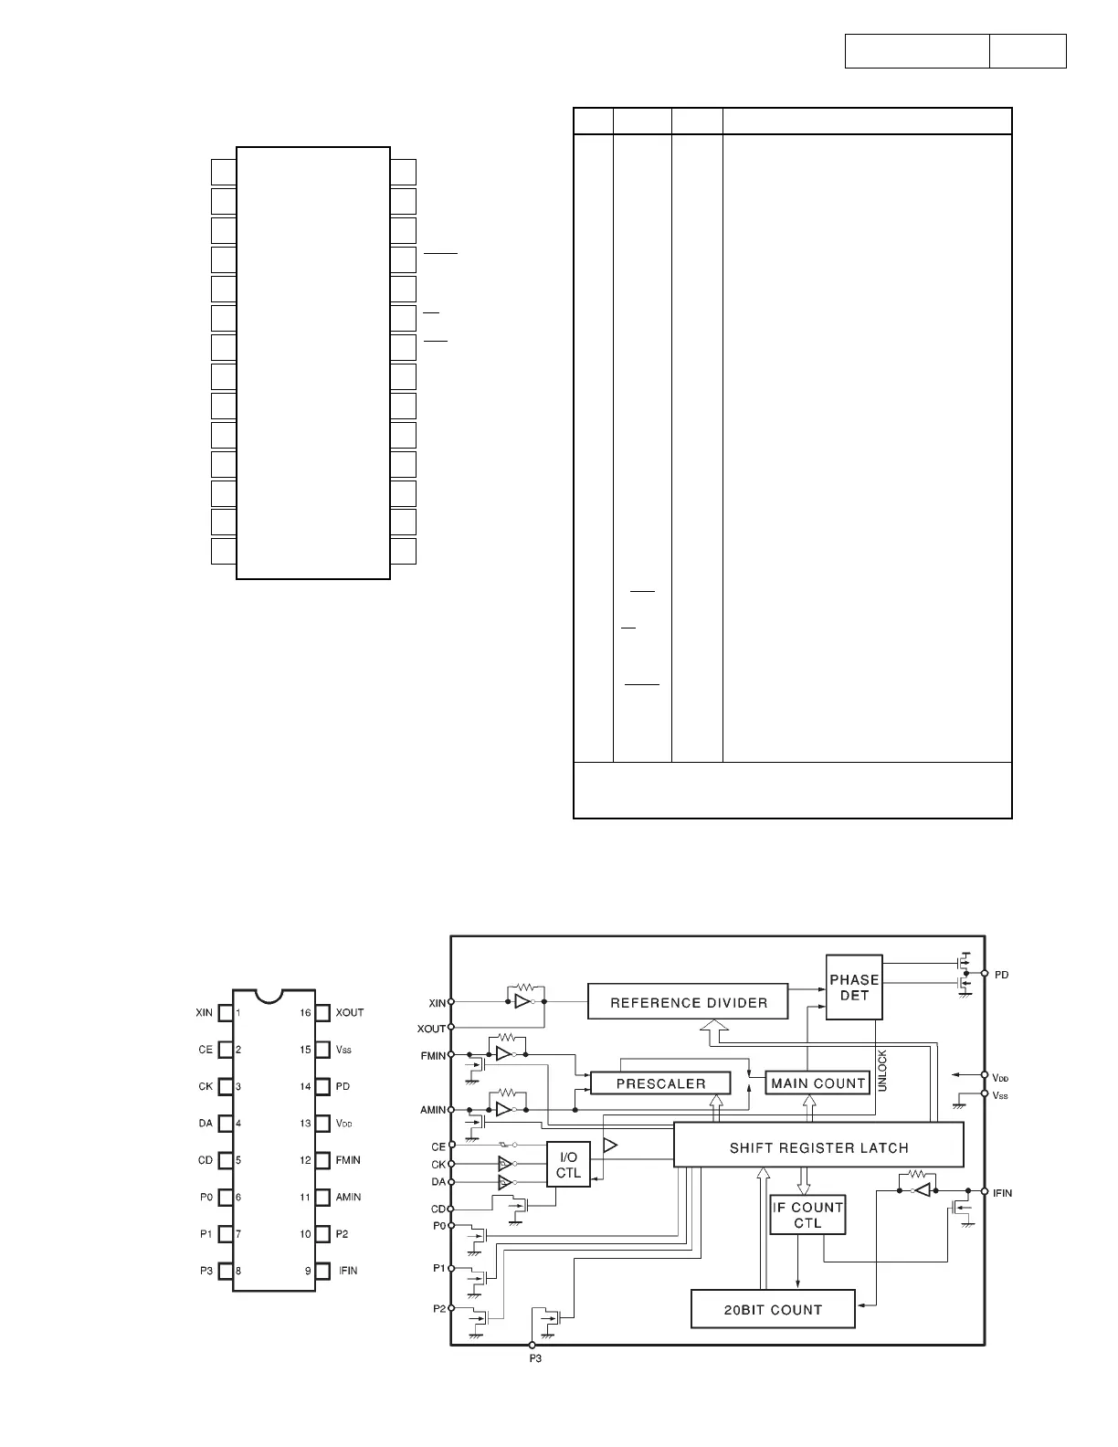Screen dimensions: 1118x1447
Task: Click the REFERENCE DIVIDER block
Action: tap(689, 1002)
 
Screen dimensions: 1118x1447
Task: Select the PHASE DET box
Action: tap(854, 987)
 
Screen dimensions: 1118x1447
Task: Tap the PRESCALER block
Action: tap(660, 1083)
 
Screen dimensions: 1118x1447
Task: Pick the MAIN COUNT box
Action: tap(817, 1083)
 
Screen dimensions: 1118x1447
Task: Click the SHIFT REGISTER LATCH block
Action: tap(818, 1147)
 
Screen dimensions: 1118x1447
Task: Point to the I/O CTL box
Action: tap(568, 1165)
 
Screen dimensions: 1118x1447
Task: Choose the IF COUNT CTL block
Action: tap(807, 1215)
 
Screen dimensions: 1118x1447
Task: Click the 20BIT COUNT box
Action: tap(773, 1309)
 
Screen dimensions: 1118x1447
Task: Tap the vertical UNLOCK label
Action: tap(882, 1071)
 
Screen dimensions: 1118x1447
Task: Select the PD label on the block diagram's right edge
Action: tap(1001, 975)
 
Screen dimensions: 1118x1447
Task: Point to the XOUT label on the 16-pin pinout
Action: tap(350, 1012)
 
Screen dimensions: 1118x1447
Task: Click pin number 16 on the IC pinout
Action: tap(305, 1012)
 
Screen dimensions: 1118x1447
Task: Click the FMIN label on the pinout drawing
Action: tap(349, 1160)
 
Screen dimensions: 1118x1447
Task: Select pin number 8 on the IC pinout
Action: tap(238, 1271)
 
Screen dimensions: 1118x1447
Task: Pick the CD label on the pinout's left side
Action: tap(206, 1160)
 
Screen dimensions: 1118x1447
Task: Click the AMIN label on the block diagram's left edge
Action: tap(433, 1110)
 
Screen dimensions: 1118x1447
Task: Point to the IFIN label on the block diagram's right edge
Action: tap(1002, 1193)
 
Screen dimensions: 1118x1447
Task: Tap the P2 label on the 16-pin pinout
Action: tap(343, 1234)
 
